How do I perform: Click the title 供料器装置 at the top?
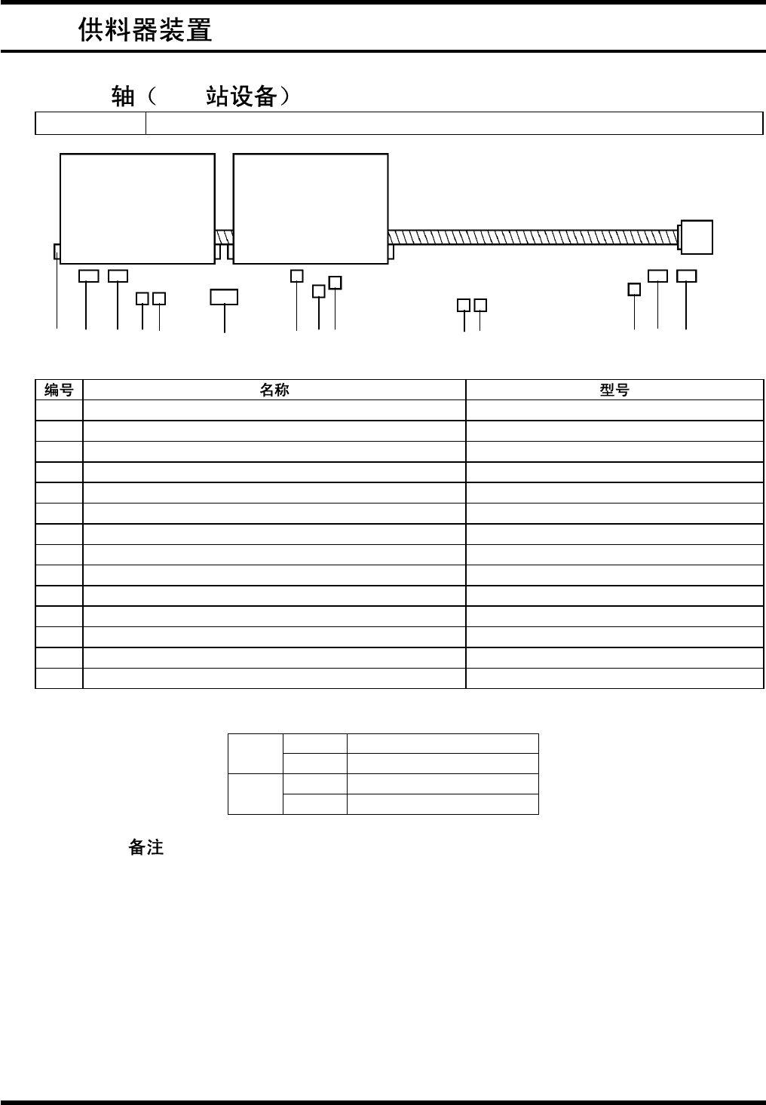point(145,30)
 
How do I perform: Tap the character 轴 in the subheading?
point(122,96)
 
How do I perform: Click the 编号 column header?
point(59,390)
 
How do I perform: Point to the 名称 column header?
point(274,390)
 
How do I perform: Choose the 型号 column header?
point(614,390)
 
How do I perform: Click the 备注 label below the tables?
point(146,847)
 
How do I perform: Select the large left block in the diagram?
point(137,209)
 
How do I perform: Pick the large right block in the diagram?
point(311,209)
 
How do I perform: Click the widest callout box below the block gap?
point(224,297)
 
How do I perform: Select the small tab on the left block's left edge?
point(57,251)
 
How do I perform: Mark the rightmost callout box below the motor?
point(686,276)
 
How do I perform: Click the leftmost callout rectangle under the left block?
point(89,276)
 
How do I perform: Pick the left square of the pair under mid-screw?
point(464,305)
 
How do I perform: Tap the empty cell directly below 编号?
point(59,410)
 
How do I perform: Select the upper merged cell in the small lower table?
point(256,754)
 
